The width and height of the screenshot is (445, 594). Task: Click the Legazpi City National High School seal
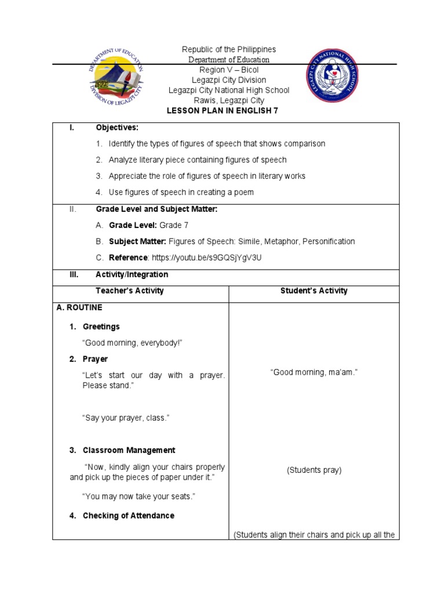click(332, 76)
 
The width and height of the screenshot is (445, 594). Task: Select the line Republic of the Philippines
click(229, 50)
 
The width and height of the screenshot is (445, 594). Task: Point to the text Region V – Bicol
click(229, 70)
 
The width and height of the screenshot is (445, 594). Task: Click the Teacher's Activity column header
click(130, 291)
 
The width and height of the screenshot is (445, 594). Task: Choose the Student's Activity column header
click(313, 291)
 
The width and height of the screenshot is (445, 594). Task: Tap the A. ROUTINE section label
click(79, 308)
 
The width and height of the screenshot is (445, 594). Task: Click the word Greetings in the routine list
click(101, 327)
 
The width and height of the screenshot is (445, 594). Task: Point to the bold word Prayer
click(96, 359)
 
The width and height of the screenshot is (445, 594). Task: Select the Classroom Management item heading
click(129, 450)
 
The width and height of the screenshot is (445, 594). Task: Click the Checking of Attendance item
click(128, 516)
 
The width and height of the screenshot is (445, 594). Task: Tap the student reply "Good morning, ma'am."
click(313, 372)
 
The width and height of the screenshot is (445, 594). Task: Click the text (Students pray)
click(314, 470)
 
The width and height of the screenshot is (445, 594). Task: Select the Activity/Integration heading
click(132, 274)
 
